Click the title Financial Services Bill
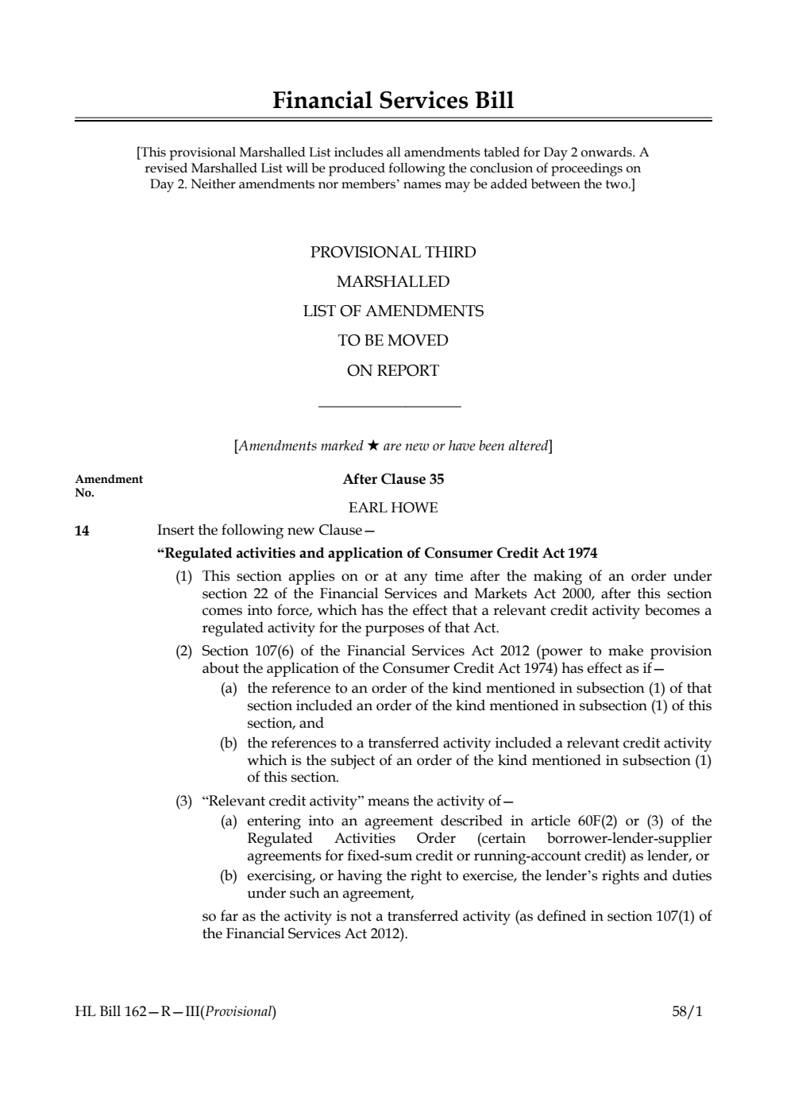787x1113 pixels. click(393, 101)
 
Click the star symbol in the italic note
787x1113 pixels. click(373, 446)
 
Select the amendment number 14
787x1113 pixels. click(82, 531)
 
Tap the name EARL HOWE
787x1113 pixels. click(393, 508)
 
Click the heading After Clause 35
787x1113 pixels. click(393, 479)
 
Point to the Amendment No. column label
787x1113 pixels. click(108, 485)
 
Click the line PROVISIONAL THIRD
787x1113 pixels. click(393, 253)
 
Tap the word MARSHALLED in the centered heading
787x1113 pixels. click(393, 282)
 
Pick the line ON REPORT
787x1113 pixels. click(393, 370)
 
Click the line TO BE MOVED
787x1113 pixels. click(393, 341)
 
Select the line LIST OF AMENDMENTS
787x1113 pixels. click(393, 311)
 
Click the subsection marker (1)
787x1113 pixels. click(183, 576)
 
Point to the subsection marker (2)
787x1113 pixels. click(183, 651)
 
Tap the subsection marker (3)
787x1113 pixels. click(183, 801)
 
